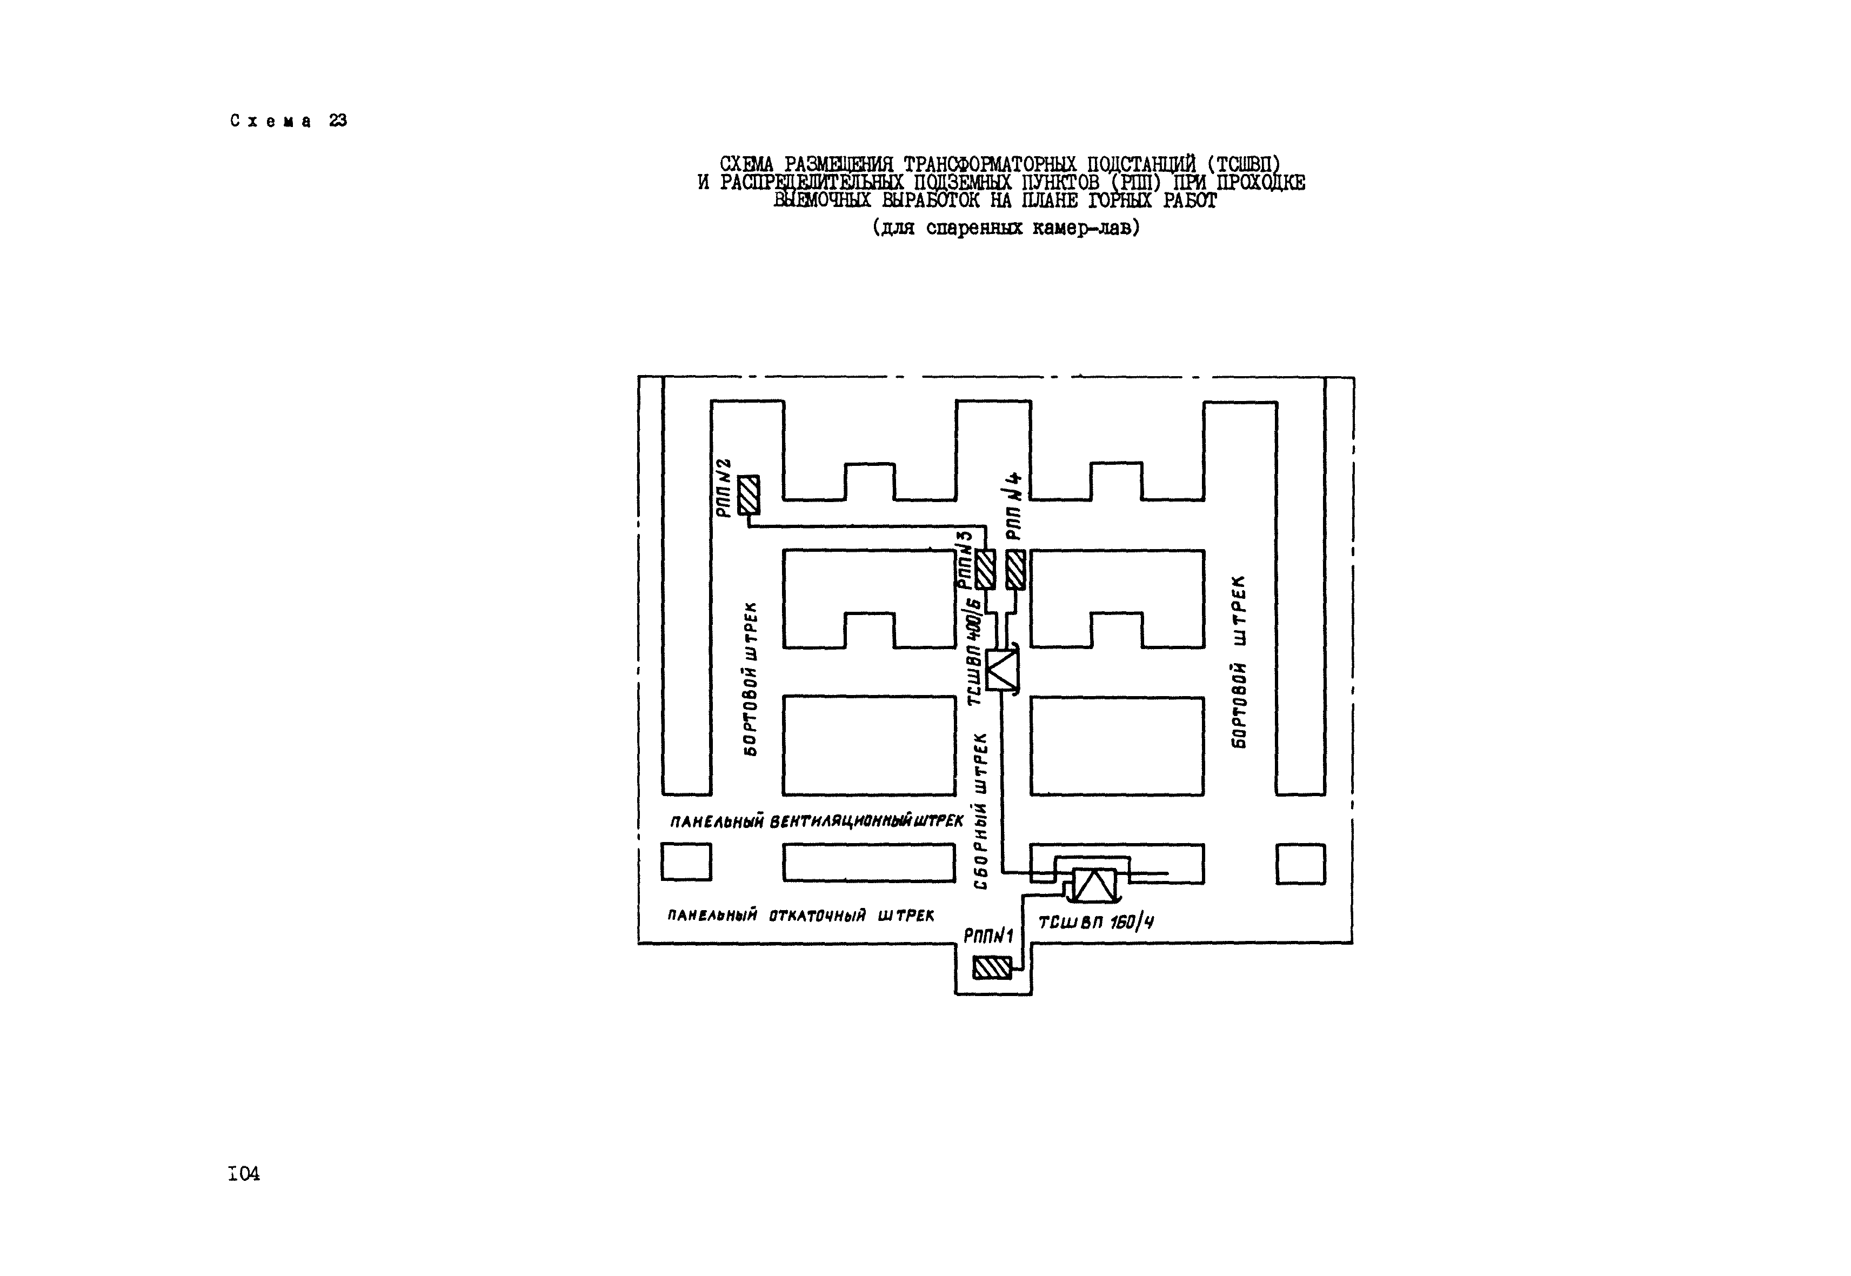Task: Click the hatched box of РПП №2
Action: [749, 495]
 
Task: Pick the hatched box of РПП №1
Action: [992, 968]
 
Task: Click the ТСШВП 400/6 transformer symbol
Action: [1003, 670]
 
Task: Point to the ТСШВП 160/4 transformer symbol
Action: [1093, 885]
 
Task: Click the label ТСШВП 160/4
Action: [1095, 923]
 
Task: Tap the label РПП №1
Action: [988, 936]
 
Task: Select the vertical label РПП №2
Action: [724, 487]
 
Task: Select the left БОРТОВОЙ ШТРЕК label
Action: [750, 678]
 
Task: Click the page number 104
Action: [244, 1174]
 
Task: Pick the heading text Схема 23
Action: [289, 121]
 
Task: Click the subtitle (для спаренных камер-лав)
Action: [1006, 228]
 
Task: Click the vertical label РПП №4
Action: [1014, 505]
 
